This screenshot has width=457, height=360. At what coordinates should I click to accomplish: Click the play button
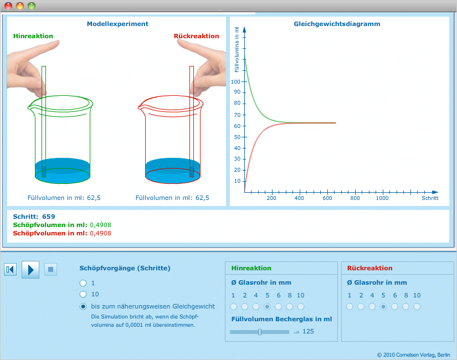(30, 270)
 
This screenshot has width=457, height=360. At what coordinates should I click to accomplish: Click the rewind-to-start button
(10, 270)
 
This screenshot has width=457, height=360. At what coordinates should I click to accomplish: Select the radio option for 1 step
(83, 282)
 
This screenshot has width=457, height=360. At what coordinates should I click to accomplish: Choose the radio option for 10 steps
(83, 294)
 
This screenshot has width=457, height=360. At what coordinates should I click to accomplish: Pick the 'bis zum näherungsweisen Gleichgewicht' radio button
(83, 306)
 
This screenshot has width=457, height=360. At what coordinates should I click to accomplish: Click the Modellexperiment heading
(117, 24)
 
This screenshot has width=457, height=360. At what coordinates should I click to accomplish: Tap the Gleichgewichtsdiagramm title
(337, 24)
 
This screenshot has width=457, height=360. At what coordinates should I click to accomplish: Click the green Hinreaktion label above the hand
(33, 36)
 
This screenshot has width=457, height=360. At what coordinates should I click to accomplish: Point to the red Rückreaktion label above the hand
(196, 36)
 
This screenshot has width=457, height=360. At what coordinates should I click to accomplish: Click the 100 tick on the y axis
(237, 81)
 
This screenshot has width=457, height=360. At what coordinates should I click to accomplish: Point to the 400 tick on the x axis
(299, 198)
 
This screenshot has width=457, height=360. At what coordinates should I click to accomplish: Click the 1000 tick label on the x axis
(382, 198)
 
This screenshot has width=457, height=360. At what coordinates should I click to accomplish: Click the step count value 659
(48, 217)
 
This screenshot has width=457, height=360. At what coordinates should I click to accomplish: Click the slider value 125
(308, 331)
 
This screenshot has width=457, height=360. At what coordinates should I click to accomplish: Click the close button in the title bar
(8, 6)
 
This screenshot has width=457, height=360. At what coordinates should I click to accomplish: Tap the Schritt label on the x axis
(430, 198)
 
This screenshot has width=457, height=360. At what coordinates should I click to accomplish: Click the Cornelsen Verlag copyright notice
(414, 354)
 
